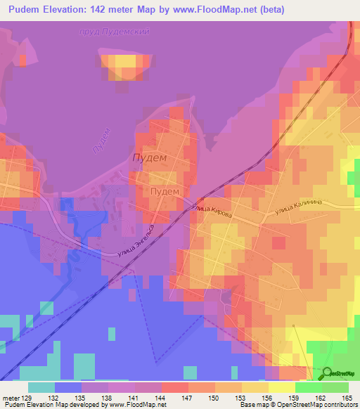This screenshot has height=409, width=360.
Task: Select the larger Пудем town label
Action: (150, 159)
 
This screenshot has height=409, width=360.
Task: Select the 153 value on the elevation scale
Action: (242, 397)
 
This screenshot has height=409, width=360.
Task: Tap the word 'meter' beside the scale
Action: (12, 397)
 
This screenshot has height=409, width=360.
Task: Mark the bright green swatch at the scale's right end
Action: (335, 387)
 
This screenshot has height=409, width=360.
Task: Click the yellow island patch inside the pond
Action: (124, 67)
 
